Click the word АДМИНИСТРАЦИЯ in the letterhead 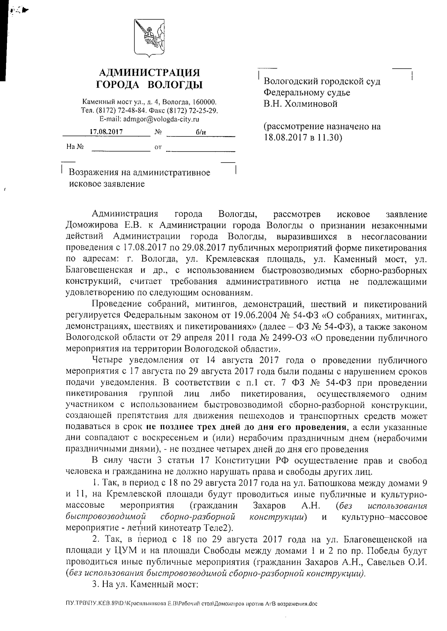[149, 73]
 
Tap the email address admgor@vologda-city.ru [161, 119]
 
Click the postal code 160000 [204, 102]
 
